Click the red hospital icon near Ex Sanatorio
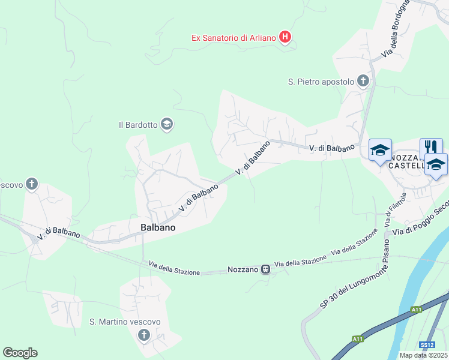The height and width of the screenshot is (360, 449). pos(286,38)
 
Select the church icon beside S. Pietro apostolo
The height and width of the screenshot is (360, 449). pos(363,81)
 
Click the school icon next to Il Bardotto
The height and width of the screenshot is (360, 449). pos(167,124)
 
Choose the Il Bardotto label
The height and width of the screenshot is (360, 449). pos(138,125)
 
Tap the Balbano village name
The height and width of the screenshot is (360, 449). pos(158,227)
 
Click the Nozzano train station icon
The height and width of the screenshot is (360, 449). pos(266,270)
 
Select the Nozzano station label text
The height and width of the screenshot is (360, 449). pos(243,270)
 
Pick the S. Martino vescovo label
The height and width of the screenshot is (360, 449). pos(125,322)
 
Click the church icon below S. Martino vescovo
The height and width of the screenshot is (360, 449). pos(143,335)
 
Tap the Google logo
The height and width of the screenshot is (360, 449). pos(20,353)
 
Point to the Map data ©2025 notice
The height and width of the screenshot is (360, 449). pos(423,355)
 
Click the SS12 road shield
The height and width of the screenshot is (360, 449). pos(427,345)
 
